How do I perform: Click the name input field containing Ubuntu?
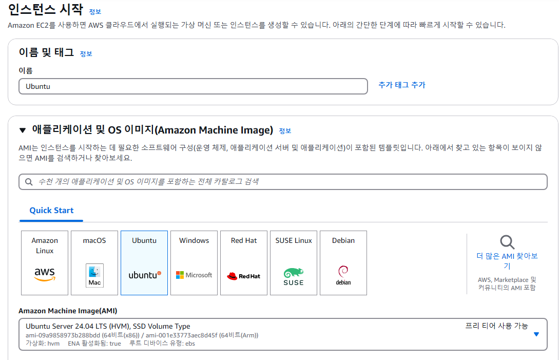point(193,86)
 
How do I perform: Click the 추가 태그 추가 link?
point(401,85)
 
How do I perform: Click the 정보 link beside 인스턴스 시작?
point(95,12)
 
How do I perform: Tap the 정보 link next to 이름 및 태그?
point(86,53)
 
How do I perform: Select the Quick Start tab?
point(51,211)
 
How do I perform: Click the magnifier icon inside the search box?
point(28,182)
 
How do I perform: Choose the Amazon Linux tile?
point(45,263)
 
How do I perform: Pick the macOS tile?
point(94,263)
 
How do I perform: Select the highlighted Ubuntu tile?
point(144,263)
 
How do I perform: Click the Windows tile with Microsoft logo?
point(194,263)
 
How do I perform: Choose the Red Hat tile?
point(244,263)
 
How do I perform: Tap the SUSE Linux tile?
point(294,263)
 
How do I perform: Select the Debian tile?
point(343,263)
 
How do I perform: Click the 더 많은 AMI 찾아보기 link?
point(507,261)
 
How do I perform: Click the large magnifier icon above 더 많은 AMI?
point(507,242)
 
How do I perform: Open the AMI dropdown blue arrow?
point(536,334)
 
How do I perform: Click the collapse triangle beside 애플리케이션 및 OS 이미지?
point(23,130)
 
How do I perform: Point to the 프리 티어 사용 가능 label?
point(496,326)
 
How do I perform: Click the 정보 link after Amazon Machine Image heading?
point(285,131)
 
